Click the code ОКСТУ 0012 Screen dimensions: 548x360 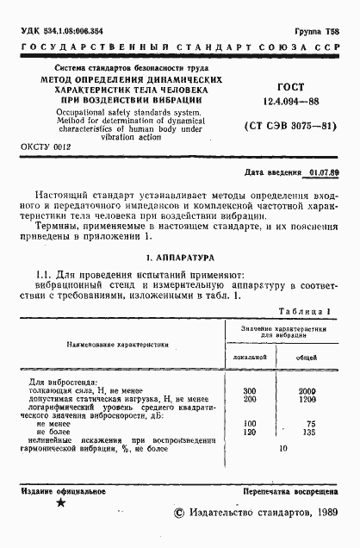click(x=46, y=147)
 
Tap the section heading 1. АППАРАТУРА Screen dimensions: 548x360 click(x=179, y=257)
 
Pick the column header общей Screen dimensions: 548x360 click(x=307, y=355)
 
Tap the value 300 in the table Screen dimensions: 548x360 click(x=251, y=390)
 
